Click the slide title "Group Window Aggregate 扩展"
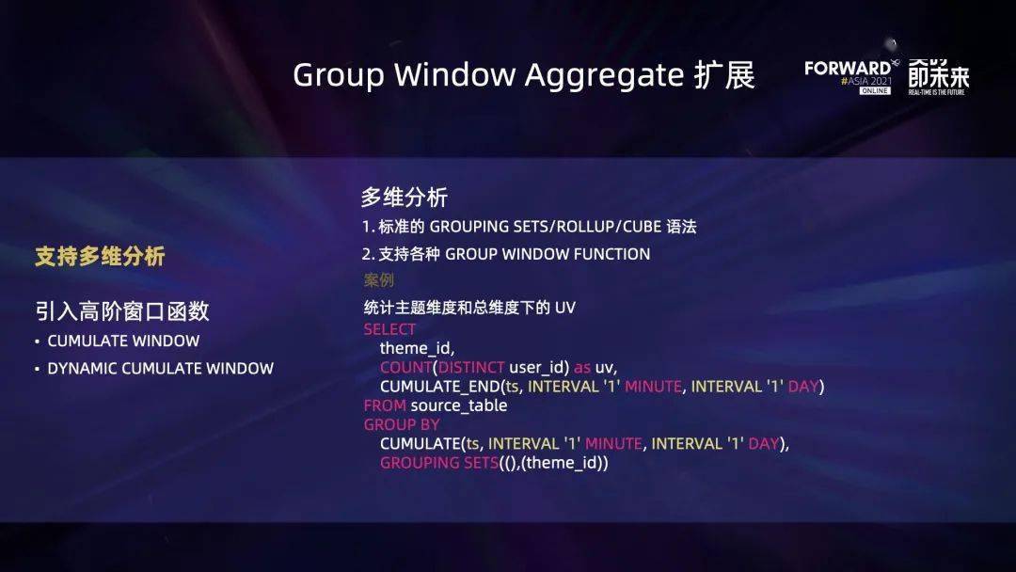(x=523, y=75)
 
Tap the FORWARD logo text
(x=847, y=68)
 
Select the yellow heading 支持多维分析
(x=100, y=256)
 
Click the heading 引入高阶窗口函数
(x=122, y=310)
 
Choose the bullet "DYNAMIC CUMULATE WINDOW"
(x=160, y=369)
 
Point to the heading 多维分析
(x=405, y=198)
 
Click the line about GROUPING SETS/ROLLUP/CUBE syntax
(x=530, y=227)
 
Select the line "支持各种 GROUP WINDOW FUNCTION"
(x=506, y=254)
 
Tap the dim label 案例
(x=378, y=280)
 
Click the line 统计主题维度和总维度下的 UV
(x=468, y=308)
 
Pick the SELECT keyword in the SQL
(x=389, y=329)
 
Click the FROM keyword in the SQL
(x=385, y=405)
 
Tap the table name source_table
(x=459, y=405)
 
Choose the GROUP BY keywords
(x=402, y=424)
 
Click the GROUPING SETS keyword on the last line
(x=434, y=463)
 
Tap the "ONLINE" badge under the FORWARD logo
(x=875, y=90)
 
